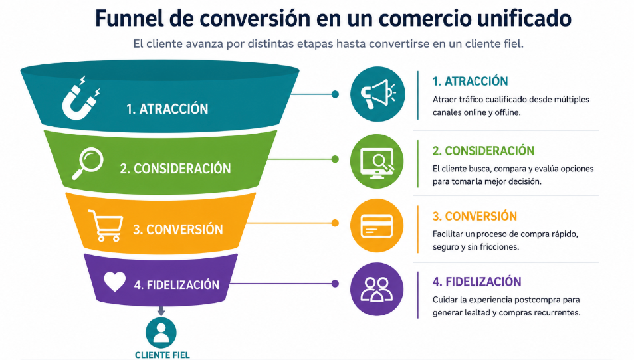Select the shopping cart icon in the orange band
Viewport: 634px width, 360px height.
tap(106, 225)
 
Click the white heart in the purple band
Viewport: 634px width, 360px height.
tap(115, 281)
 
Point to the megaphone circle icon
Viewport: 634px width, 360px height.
tap(377, 94)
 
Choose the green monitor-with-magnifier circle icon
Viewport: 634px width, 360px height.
tap(377, 161)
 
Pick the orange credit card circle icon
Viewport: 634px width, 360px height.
tap(377, 225)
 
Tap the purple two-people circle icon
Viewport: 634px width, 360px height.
tap(377, 290)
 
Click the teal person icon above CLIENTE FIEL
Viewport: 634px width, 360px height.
tap(161, 333)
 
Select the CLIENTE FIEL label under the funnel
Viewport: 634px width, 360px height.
tap(162, 355)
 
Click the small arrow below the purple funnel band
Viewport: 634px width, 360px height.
tap(161, 311)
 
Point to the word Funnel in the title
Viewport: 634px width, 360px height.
tap(130, 18)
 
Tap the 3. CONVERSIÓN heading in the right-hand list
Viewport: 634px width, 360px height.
tap(475, 216)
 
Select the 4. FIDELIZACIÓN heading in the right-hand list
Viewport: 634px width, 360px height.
tap(476, 282)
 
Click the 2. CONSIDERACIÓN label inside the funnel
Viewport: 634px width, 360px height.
tap(175, 169)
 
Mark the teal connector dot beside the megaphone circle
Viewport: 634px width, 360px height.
tap(335, 94)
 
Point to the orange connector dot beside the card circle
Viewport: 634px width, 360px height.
tap(335, 223)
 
